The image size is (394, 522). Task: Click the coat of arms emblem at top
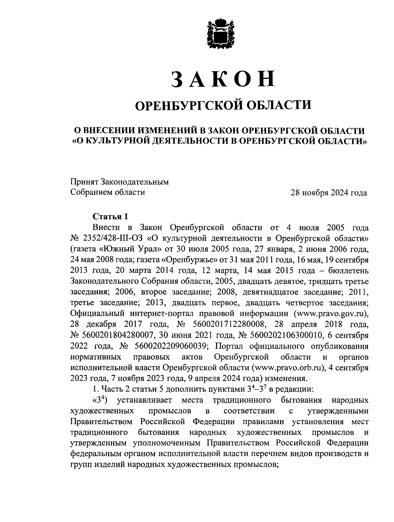(x=220, y=34)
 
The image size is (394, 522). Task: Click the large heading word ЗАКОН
(x=223, y=79)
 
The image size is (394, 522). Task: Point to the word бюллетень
(x=350, y=270)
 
